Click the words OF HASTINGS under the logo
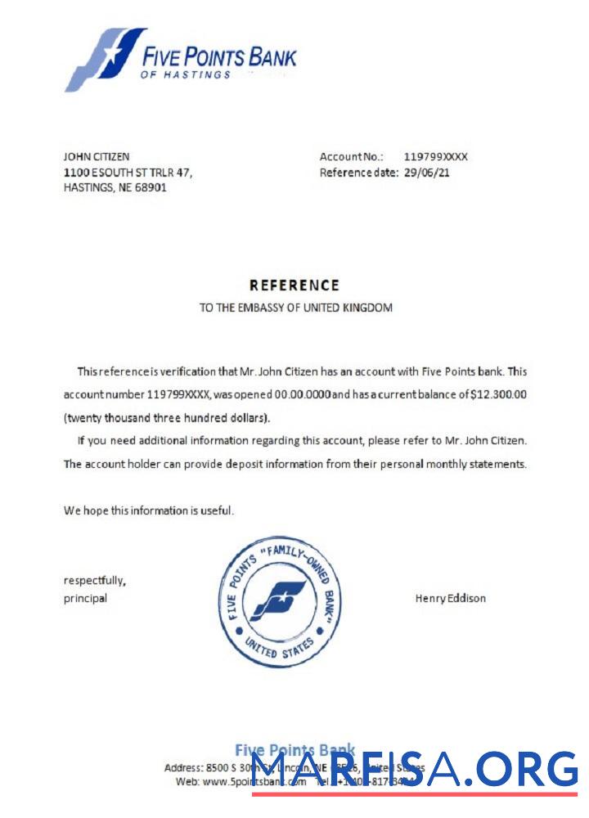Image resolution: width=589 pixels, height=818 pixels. [x=186, y=74]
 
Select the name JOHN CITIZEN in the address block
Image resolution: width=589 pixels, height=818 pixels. [x=97, y=156]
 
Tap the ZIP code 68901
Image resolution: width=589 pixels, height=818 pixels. [x=151, y=187]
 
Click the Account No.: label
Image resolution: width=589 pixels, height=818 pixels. [x=351, y=156]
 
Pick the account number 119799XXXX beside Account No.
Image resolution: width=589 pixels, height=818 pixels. [x=436, y=156]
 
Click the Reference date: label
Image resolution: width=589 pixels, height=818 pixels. [x=358, y=173]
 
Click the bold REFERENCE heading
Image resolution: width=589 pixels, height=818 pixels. [x=294, y=285]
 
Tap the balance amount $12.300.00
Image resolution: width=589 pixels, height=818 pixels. [x=499, y=394]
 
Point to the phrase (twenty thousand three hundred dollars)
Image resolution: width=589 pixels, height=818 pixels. [x=167, y=418]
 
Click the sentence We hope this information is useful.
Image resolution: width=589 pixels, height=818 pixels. [x=149, y=510]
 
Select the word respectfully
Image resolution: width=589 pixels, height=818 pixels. [x=95, y=581]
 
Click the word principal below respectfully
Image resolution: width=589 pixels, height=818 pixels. [x=85, y=598]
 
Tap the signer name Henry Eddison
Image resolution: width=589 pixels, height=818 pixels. [x=451, y=598]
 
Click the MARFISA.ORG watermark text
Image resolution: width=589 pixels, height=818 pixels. [x=414, y=771]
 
